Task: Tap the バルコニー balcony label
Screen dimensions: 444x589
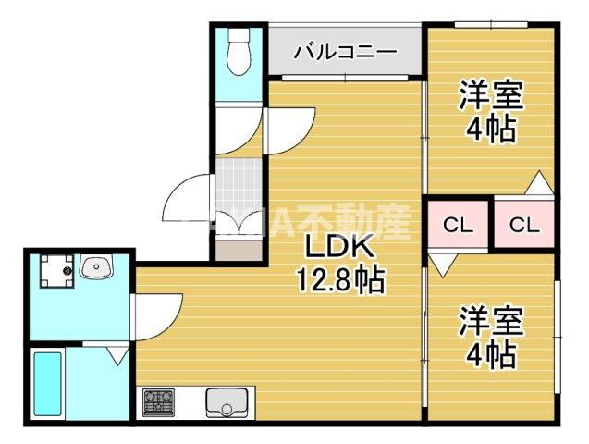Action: [345, 53]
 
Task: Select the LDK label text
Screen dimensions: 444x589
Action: [339, 249]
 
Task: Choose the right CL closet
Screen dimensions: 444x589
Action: [523, 224]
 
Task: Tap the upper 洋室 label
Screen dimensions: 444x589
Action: [491, 95]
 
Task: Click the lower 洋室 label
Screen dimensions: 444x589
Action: [491, 321]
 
